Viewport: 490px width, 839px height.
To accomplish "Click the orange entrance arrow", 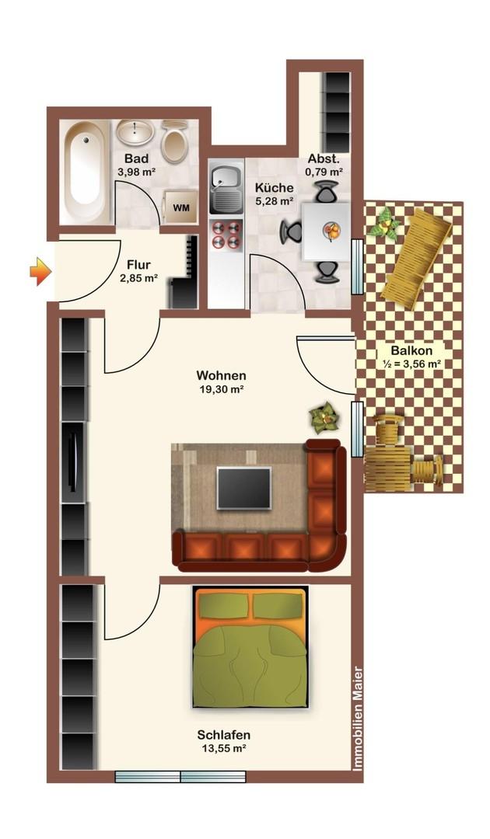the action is click(40, 272).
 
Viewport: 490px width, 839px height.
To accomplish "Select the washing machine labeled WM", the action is click(180, 207).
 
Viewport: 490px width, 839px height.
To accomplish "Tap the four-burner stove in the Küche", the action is click(226, 235).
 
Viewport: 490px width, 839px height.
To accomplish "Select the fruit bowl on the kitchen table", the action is click(332, 231).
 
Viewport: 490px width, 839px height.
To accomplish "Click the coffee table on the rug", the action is click(243, 487).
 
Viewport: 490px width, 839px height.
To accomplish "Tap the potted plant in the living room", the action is click(324, 418).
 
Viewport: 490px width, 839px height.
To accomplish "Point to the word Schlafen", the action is click(223, 735).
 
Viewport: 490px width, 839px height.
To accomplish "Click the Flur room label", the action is click(138, 265).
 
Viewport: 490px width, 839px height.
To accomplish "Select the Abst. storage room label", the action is click(324, 159).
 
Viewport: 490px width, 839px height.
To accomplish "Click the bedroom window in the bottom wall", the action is click(180, 776).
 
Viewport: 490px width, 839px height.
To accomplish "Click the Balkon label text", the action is click(411, 351).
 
